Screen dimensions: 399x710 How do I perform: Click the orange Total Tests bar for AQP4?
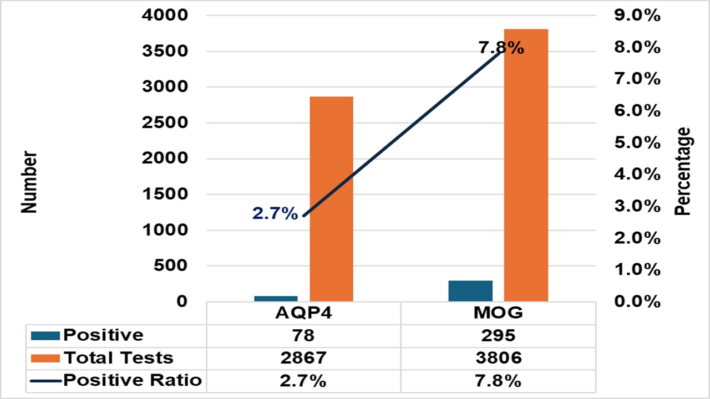(x=331, y=199)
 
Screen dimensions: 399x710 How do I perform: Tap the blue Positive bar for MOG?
(x=470, y=291)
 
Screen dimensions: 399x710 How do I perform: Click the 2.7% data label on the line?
(x=275, y=213)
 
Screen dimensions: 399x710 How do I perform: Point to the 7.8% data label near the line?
(x=501, y=48)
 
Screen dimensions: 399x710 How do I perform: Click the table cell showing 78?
(x=303, y=335)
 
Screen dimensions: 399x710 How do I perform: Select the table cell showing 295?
(x=498, y=335)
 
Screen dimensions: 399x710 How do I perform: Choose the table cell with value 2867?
(x=303, y=358)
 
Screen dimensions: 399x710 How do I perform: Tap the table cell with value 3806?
(x=498, y=358)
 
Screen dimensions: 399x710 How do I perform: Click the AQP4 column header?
(x=303, y=313)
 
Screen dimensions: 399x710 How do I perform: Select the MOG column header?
(x=498, y=313)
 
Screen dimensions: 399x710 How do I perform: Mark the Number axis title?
(x=29, y=182)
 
